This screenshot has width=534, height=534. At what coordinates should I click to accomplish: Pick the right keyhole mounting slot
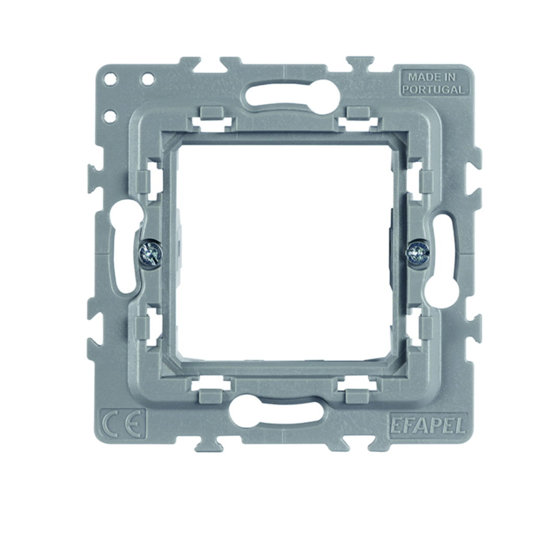[x=442, y=260]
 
